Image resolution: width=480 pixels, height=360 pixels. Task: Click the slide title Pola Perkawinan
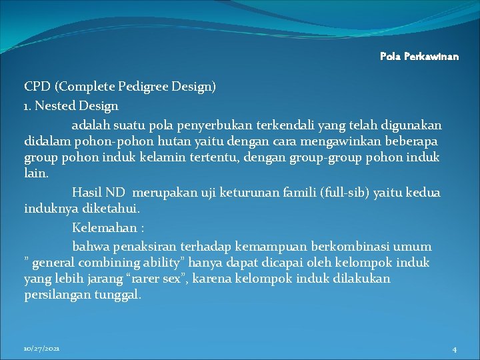[419, 57]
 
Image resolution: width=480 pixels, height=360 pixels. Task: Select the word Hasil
[86, 193]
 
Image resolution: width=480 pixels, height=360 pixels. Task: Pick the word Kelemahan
[101, 227]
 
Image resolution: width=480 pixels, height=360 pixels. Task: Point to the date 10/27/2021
[41, 349]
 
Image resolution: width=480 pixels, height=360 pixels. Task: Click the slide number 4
[454, 349]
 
